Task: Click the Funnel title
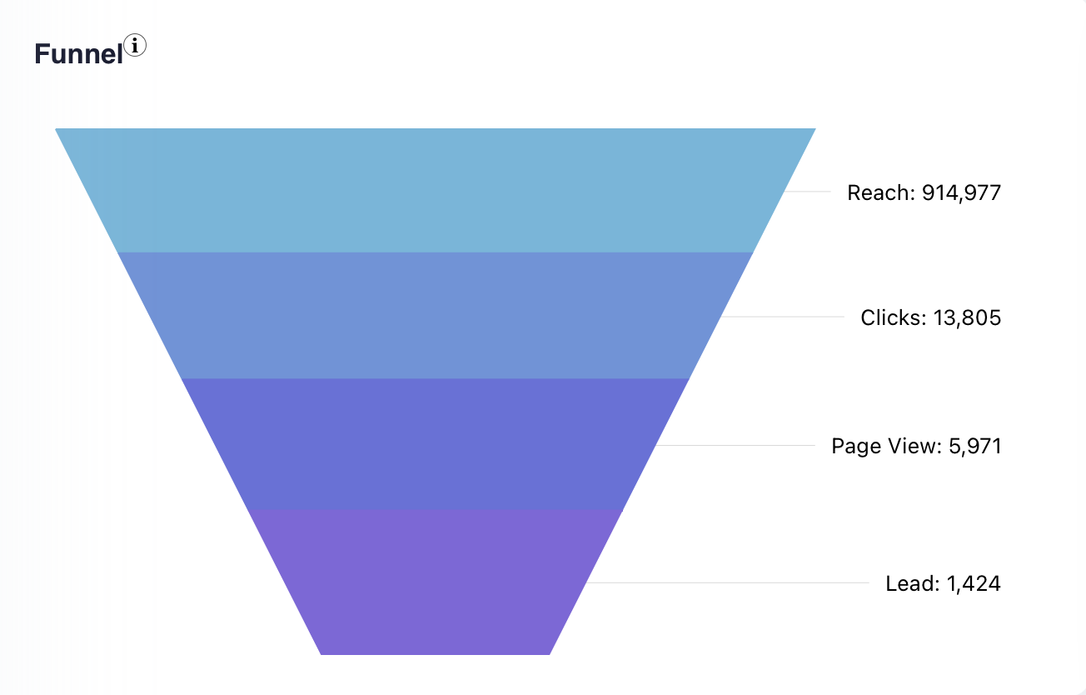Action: [x=78, y=54]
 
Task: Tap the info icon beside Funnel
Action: [x=135, y=45]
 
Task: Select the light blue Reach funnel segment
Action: [x=435, y=190]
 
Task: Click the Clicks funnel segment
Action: [x=435, y=315]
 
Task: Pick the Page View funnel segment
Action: [x=435, y=443]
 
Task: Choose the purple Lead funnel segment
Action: [x=435, y=582]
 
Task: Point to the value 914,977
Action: [x=961, y=193]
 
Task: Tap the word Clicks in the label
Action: [x=889, y=318]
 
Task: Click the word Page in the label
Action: [x=855, y=447]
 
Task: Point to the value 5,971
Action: [x=975, y=447]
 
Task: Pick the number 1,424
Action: [x=974, y=583]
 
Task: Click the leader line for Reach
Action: [x=808, y=191]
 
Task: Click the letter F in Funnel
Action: [x=41, y=54]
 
